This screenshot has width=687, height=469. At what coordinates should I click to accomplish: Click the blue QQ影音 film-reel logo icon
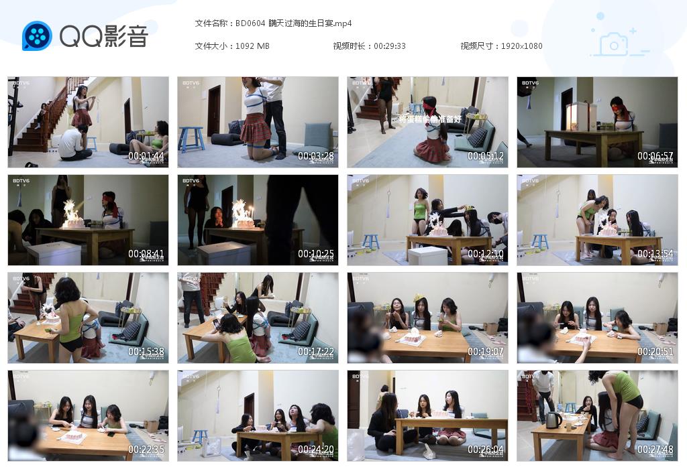37,36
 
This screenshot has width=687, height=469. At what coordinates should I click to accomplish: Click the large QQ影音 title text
103,36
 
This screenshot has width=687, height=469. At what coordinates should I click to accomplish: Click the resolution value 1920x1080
521,46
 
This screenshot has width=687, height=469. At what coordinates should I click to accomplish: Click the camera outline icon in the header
613,45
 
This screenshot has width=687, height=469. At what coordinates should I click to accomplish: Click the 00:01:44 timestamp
146,157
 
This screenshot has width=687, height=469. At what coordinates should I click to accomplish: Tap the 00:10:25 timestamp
316,255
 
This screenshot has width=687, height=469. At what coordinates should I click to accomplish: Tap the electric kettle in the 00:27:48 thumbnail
553,419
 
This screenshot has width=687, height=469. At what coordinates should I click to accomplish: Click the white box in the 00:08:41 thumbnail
54,252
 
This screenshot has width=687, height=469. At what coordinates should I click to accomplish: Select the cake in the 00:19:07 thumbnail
412,336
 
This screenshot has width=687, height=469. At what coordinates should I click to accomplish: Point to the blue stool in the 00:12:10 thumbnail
370,241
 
